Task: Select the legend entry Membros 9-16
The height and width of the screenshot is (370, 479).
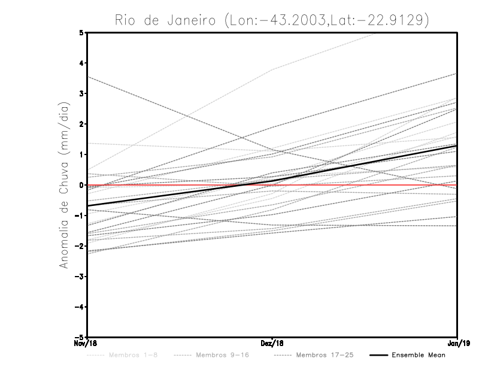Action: click(x=222, y=356)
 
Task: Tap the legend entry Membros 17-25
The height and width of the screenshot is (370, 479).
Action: click(x=325, y=356)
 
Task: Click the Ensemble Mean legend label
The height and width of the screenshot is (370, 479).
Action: click(x=418, y=356)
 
